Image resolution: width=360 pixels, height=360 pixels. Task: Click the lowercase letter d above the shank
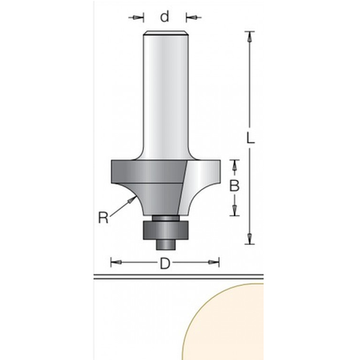pos(164,16)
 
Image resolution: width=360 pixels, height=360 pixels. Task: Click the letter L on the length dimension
pos(250,137)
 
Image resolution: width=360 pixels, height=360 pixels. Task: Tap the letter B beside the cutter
pos(234,186)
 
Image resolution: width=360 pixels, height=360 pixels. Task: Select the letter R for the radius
pos(103,218)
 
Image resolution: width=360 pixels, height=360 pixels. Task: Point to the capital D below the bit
pos(164,263)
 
